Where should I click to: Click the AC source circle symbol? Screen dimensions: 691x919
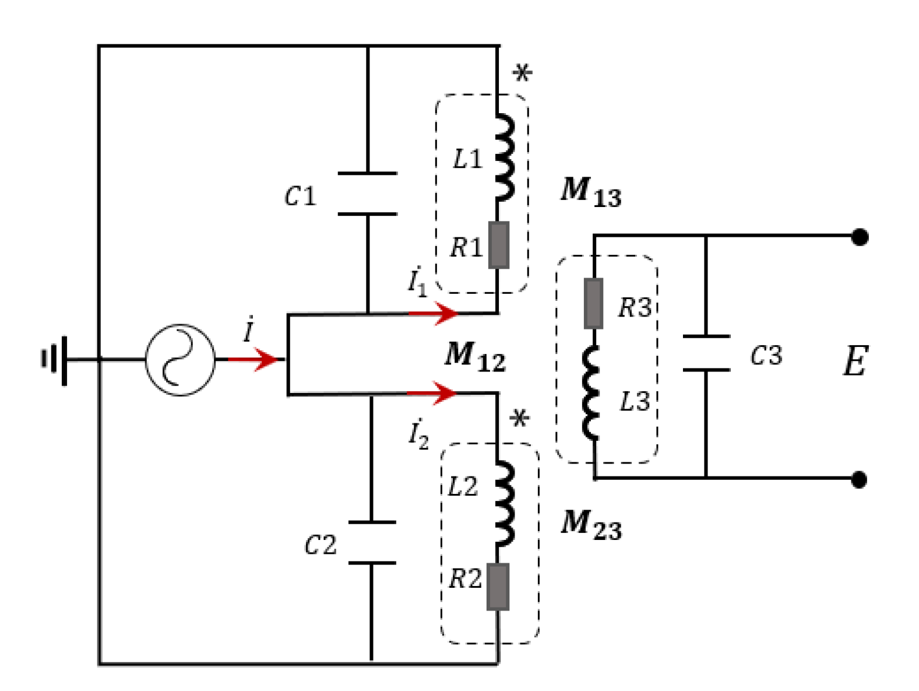[x=180, y=360]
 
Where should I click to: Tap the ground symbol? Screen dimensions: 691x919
[x=56, y=360]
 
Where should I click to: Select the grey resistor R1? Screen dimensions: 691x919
[x=498, y=245]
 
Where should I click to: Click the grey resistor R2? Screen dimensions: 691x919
[x=498, y=587]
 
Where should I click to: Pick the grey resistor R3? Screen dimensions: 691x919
[x=593, y=303]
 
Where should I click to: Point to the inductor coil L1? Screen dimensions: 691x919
[x=504, y=157]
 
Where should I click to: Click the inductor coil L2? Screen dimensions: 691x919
[x=504, y=503]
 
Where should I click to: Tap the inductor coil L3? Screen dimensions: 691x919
[x=591, y=392]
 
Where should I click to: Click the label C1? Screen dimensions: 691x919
[x=300, y=197]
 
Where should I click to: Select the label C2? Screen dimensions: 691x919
[x=321, y=546]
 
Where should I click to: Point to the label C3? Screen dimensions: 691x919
[x=766, y=356]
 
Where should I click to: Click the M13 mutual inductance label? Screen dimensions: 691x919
[x=590, y=192]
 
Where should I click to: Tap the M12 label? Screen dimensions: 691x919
[x=474, y=357]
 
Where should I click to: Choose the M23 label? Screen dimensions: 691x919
[x=590, y=525]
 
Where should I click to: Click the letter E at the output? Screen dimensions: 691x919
[x=855, y=361]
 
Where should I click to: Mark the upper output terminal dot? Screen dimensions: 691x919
[x=860, y=237]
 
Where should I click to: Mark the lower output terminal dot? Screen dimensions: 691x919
[x=859, y=479]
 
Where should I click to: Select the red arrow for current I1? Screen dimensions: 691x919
[x=434, y=313]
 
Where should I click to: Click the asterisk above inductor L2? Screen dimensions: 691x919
[x=519, y=419]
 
